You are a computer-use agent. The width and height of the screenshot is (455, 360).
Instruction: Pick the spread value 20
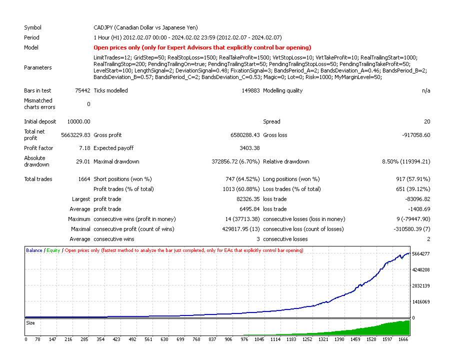point(426,121)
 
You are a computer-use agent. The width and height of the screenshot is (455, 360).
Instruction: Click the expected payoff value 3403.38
point(248,148)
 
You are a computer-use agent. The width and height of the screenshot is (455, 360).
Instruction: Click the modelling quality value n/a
point(425,90)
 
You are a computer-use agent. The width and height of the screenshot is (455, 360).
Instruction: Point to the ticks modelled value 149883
point(249,90)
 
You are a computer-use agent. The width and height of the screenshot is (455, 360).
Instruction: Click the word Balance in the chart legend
point(34,250)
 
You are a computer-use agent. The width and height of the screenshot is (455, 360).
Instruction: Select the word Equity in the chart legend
point(53,250)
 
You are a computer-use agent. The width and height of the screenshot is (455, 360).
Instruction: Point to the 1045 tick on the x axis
point(259,339)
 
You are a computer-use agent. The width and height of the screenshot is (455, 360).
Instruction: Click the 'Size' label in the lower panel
point(30,323)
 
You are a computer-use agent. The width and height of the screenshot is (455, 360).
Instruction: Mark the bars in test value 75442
point(81,90)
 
